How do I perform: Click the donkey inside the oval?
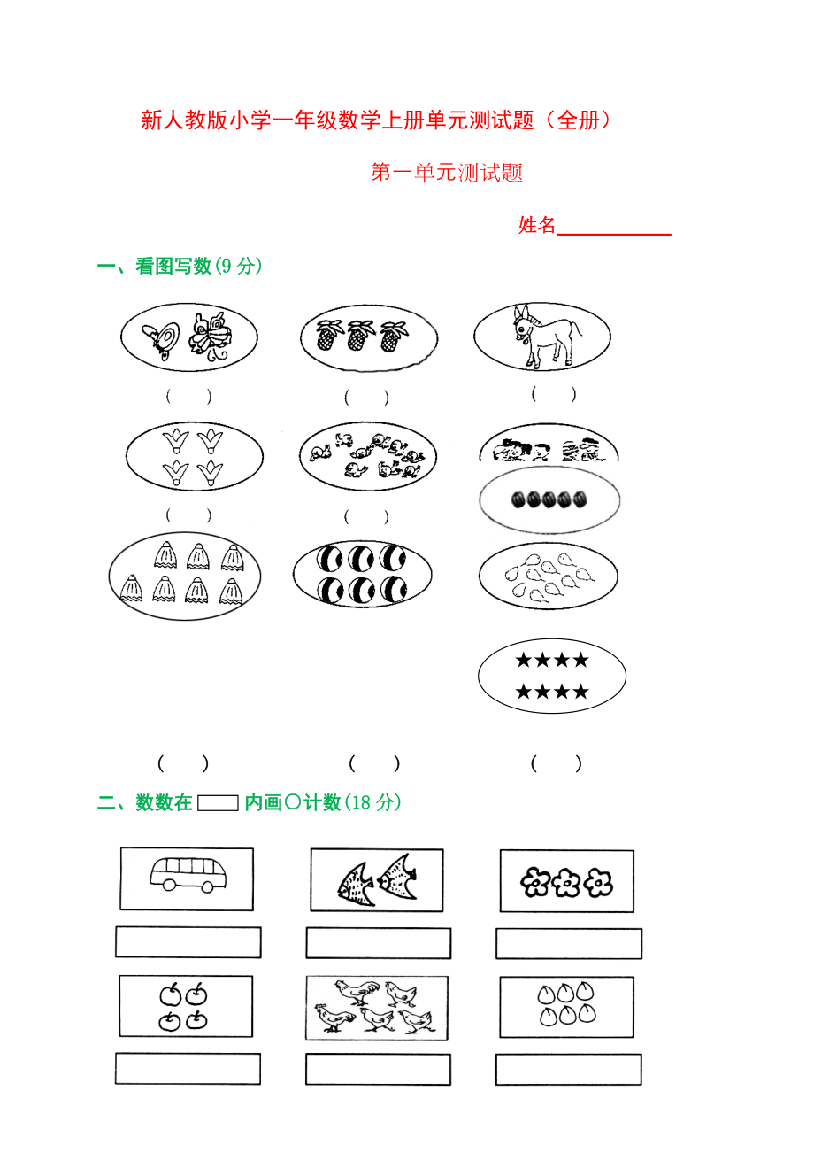pos(545,337)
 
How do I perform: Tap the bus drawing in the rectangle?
pos(188,875)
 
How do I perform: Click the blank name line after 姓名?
pos(614,234)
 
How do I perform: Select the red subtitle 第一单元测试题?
pos(446,173)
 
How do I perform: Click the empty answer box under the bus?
pos(188,942)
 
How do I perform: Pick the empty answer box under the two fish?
pos(379,943)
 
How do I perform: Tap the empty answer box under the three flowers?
pos(569,943)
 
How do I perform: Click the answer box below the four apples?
pos(188,1069)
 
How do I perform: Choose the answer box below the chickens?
pos(378,1069)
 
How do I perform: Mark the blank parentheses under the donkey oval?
pos(554,394)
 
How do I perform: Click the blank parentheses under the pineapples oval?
pos(366,398)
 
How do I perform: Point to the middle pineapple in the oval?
pos(360,335)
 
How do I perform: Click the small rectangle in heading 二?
pos(218,803)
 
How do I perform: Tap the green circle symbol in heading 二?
pos(292,802)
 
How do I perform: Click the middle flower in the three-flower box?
pos(566,883)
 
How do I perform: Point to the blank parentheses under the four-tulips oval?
pos(188,515)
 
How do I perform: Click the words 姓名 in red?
pos(537,225)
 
